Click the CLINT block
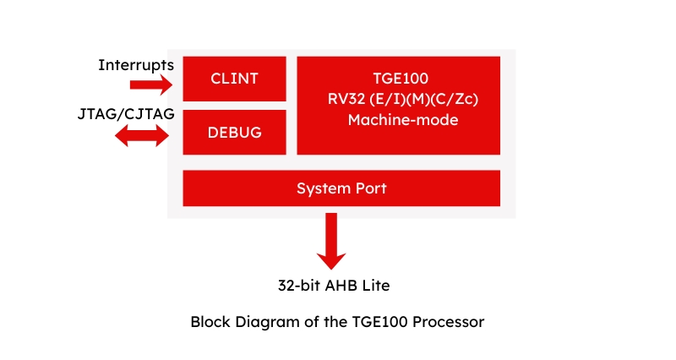click(x=234, y=79)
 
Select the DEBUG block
click(x=234, y=133)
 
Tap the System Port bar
click(x=341, y=188)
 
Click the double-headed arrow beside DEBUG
click(x=142, y=135)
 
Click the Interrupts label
click(x=136, y=64)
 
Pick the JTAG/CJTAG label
click(x=126, y=115)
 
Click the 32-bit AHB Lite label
click(x=334, y=285)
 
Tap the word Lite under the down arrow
click(x=375, y=285)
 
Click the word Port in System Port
click(x=370, y=188)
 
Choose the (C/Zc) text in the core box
click(x=450, y=99)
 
